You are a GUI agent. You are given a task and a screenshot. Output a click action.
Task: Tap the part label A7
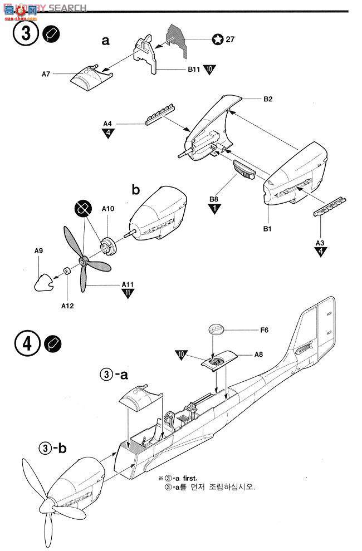48,73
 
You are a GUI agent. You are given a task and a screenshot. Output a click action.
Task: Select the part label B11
193,71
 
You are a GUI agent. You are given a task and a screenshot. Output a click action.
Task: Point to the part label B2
268,99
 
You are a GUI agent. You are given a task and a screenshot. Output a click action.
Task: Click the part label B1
267,213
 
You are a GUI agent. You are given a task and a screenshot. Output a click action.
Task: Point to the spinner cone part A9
42,282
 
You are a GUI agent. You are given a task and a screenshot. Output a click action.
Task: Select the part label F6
264,330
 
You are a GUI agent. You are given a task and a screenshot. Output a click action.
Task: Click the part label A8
258,354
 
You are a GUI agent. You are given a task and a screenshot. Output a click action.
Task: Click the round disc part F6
216,330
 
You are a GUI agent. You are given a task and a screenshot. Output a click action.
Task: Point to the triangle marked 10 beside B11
209,70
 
